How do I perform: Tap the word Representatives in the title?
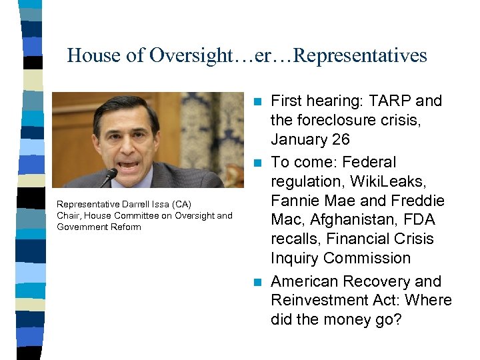tap(360, 55)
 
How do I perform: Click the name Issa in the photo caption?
tap(147, 204)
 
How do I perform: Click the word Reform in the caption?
tap(127, 227)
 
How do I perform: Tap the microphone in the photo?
tap(109, 177)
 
